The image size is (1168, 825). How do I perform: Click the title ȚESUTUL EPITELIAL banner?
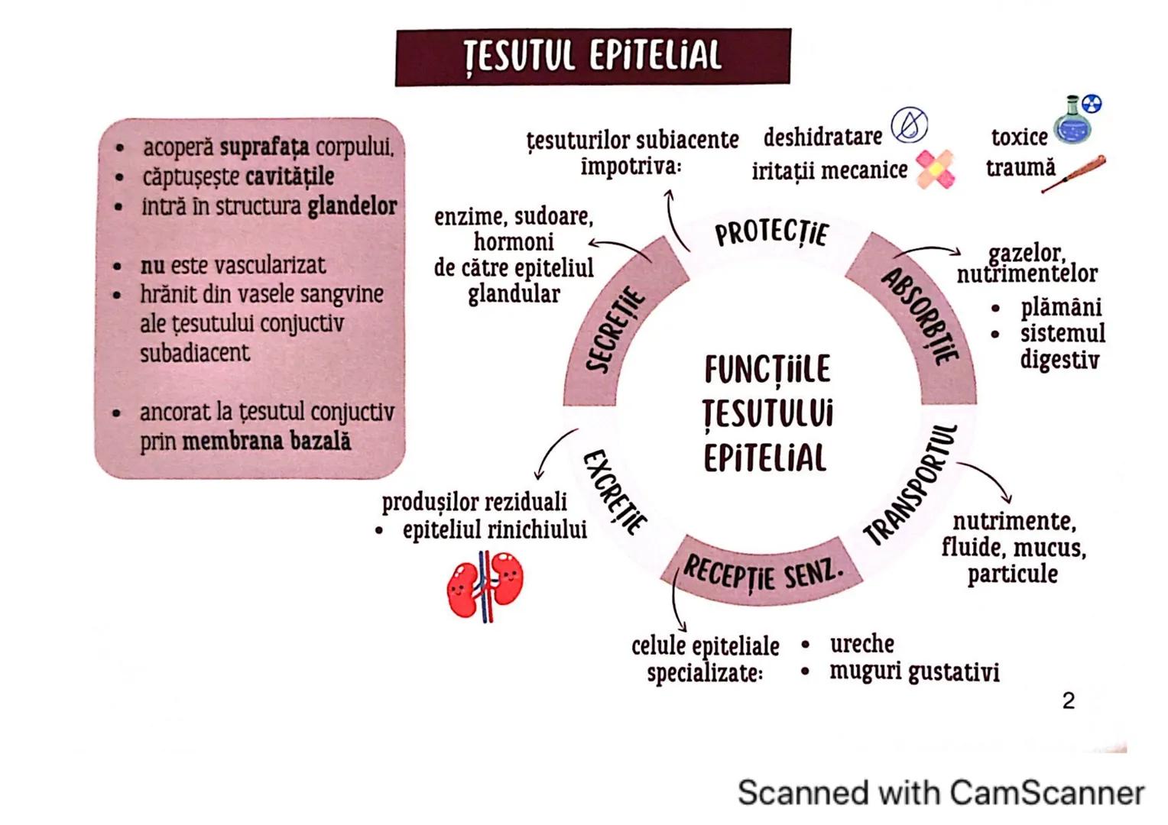pos(592,57)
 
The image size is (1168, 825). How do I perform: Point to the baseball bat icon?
pos(1073,173)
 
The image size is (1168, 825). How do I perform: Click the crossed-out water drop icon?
pos(909,125)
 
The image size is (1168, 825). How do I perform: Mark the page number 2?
pos(1069,700)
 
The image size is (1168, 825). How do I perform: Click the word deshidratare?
pos(822,137)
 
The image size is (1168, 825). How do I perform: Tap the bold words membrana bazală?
pos(267,442)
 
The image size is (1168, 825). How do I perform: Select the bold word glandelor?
pos(352,206)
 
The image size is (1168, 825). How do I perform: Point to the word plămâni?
pos(1060,307)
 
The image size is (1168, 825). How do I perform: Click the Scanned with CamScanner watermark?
pos(940,792)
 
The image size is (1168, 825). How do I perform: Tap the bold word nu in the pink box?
pos(152,265)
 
